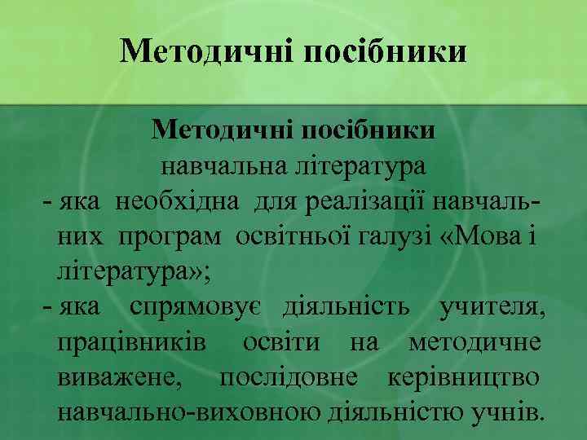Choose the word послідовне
pos(287,379)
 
